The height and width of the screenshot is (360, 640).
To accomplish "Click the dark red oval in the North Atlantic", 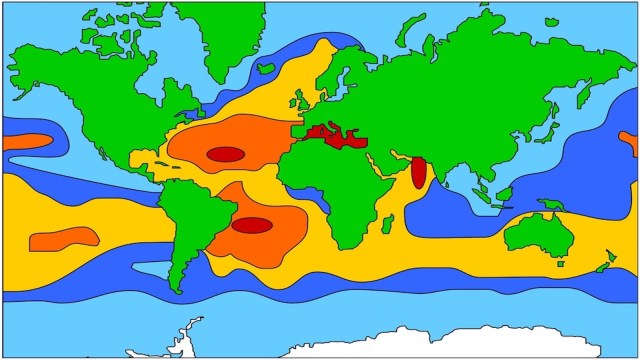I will pos(225,154).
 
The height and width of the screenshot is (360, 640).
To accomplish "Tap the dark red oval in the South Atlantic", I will pos(252,225).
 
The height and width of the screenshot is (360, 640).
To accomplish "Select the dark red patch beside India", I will pos(419,172).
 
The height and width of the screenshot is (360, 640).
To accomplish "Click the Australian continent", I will pos(538,235).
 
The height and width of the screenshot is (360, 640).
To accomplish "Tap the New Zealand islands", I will pos(603,264).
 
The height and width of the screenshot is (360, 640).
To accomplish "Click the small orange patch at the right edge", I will pos(630,142).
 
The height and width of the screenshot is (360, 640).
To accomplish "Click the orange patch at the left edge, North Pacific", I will pos(25,141).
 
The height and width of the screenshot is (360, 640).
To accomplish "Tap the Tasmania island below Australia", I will pos(561,266).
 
